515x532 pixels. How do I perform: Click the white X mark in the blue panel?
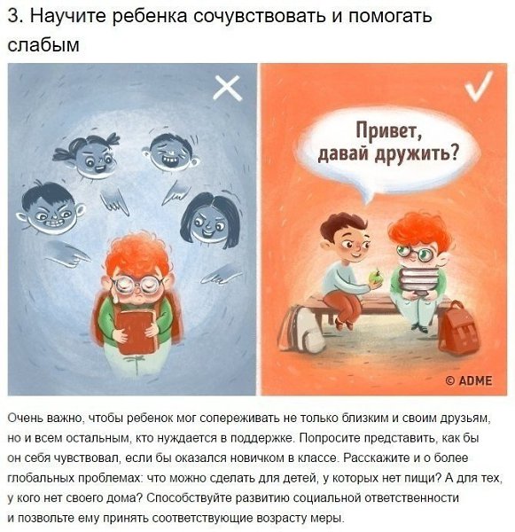point(228,88)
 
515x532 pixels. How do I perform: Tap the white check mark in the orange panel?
point(479,86)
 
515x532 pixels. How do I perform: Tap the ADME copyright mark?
point(469,380)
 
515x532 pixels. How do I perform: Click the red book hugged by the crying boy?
point(137,332)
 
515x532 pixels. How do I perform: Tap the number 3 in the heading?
point(12,16)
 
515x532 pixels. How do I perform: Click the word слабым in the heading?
point(43,44)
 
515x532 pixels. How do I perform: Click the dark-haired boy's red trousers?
point(342,306)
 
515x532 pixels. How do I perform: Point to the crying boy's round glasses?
point(138,286)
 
